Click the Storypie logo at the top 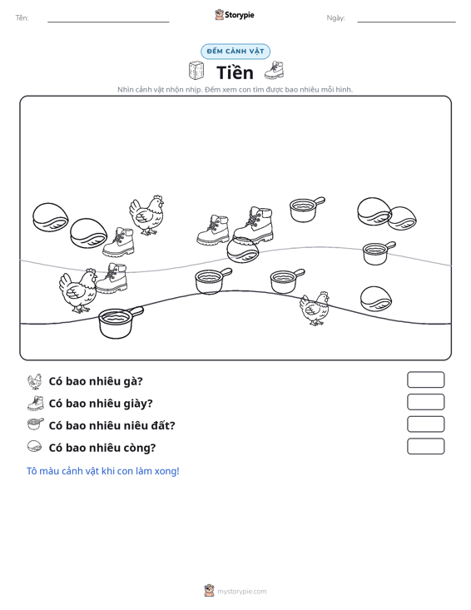point(235,15)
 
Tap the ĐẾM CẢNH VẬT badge point(235,52)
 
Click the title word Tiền point(235,72)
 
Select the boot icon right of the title point(275,71)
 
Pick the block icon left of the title point(196,71)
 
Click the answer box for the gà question point(425,379)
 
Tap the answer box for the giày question point(425,402)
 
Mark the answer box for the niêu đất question point(425,424)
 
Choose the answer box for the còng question point(425,446)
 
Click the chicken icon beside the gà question point(35,381)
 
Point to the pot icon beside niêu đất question point(36,424)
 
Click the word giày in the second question point(137,404)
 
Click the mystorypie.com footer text point(241,592)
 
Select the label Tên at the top point(22,18)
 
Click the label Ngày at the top point(335,18)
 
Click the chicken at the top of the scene point(146,216)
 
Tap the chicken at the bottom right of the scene point(315,308)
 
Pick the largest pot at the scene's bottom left point(120,322)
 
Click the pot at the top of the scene point(306,210)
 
